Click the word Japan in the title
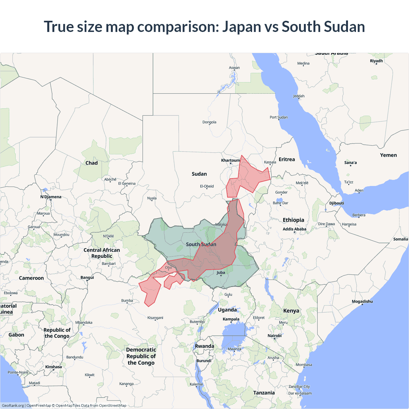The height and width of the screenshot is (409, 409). click(242, 27)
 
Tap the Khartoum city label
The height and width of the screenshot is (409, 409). click(230, 160)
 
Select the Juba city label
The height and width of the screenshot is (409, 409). click(221, 273)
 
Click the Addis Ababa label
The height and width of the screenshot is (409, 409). click(294, 229)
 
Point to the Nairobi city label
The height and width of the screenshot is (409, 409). click(274, 336)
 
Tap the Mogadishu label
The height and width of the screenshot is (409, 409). click(362, 301)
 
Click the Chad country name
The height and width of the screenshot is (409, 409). click(91, 163)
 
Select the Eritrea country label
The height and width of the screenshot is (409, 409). click(287, 159)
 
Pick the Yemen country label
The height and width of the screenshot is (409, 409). click(388, 155)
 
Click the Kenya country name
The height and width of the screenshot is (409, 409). click(291, 311)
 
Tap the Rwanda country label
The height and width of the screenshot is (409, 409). click(204, 346)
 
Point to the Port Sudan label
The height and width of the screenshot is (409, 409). click(279, 117)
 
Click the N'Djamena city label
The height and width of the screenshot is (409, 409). click(51, 197)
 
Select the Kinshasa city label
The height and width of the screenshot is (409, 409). click(53, 367)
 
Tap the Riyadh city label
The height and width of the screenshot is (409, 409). click(376, 61)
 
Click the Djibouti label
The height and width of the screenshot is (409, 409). click(337, 203)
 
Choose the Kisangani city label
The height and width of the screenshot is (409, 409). click(155, 318)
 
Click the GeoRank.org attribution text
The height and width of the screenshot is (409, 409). click(13, 405)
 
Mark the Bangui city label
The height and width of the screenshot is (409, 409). click(87, 277)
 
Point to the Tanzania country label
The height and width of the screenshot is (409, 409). click(264, 393)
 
